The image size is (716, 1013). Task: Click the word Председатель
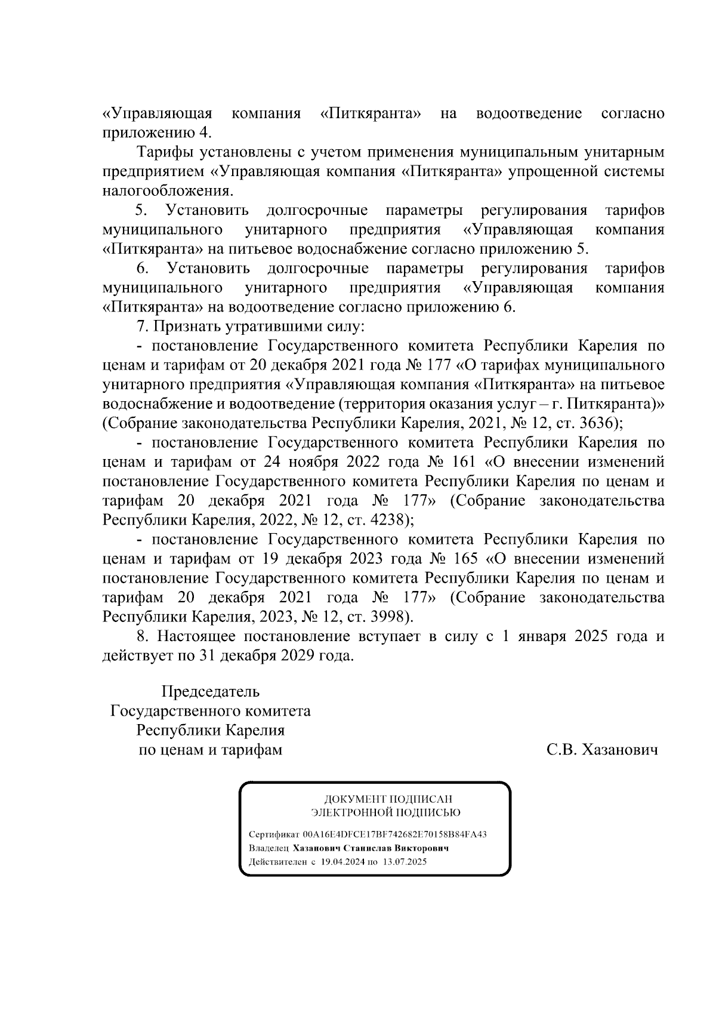pos(211,692)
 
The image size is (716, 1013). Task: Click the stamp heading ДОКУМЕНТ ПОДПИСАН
pos(388,799)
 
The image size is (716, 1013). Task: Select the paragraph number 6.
pos(141,269)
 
